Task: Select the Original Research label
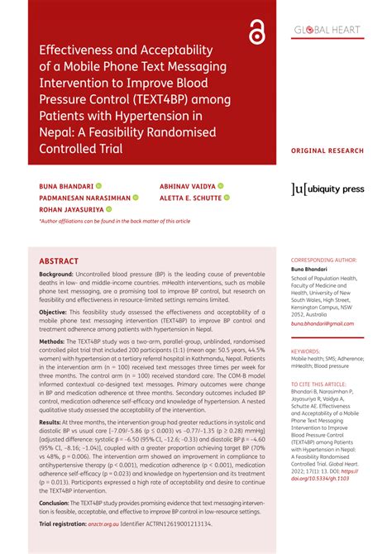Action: pos(327,151)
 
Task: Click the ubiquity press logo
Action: pos(328,189)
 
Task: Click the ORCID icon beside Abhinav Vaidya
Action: pos(221,186)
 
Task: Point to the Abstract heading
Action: pos(60,261)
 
